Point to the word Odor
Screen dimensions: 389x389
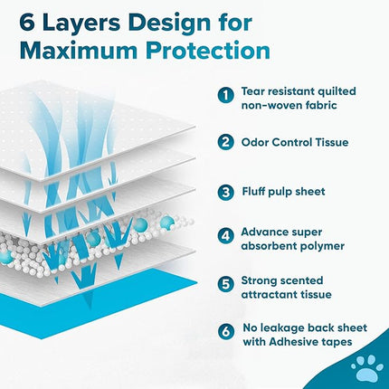click(260, 142)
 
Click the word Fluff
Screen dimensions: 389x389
click(258, 191)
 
